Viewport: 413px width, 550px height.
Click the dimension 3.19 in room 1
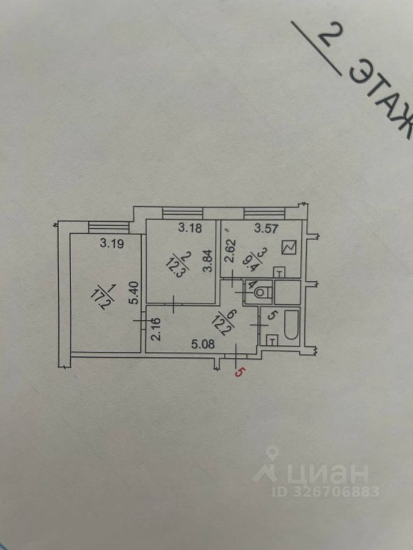112,243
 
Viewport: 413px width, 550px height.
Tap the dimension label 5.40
134,293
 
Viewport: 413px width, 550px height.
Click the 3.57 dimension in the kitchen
266,230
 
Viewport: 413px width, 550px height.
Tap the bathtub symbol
290,325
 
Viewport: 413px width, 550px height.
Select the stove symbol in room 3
289,248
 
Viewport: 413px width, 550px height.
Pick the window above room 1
105,228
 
